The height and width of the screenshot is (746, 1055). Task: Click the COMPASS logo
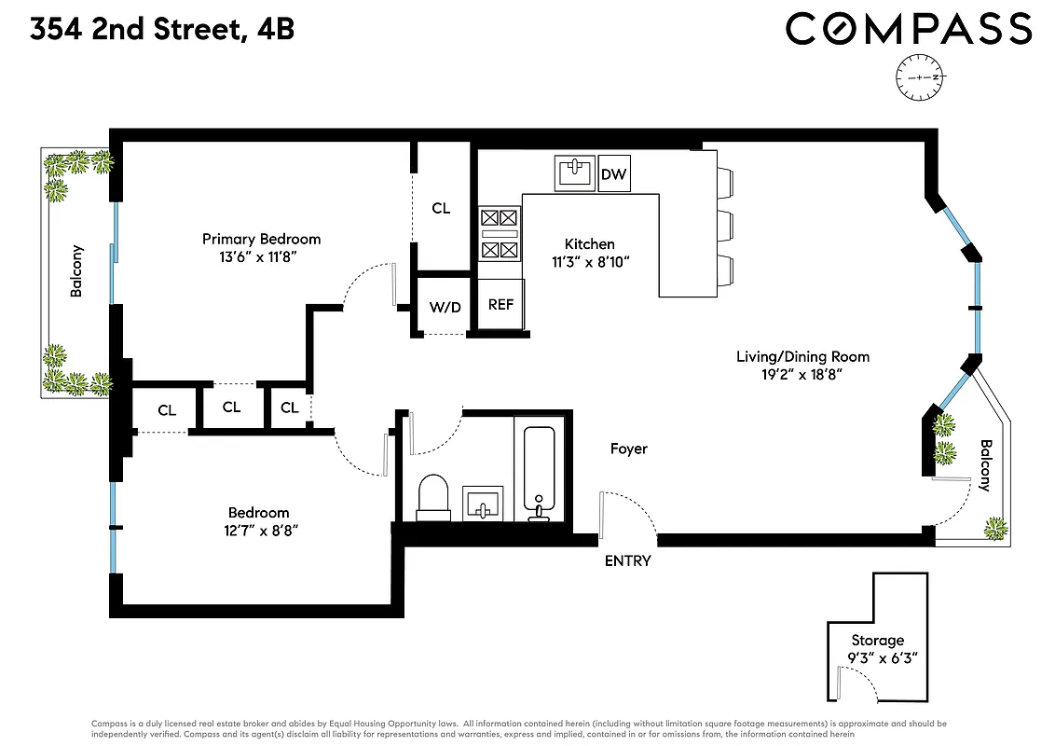click(909, 28)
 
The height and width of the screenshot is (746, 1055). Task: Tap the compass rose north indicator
click(920, 77)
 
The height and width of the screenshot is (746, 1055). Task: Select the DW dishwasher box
click(613, 174)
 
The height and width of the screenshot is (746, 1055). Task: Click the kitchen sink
click(575, 173)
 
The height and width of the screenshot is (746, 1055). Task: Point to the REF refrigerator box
click(500, 305)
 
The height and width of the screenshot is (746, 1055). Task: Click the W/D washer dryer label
click(445, 307)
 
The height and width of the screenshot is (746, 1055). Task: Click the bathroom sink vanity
click(483, 504)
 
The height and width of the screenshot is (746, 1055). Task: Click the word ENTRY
click(627, 560)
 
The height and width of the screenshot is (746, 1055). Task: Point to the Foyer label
click(628, 449)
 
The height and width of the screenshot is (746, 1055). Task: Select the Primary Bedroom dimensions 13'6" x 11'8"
click(261, 256)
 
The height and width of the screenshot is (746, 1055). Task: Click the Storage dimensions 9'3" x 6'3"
click(877, 657)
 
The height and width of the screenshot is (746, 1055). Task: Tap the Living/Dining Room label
click(802, 356)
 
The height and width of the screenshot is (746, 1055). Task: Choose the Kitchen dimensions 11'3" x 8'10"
click(591, 262)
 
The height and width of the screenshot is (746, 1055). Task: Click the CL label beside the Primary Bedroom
click(441, 209)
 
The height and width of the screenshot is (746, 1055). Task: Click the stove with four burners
click(499, 234)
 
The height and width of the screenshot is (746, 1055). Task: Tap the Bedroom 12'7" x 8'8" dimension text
click(258, 531)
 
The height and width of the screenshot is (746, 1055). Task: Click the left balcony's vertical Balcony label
click(77, 270)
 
